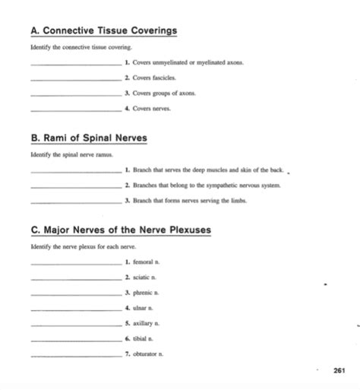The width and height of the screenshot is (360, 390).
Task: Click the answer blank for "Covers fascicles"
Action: click(75, 80)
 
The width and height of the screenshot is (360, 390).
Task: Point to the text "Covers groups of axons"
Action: click(157, 94)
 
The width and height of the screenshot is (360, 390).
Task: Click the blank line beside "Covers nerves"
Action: click(75, 109)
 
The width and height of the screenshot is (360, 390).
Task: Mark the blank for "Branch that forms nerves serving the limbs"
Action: click(75, 201)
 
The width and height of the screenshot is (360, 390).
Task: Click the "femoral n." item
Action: click(145, 262)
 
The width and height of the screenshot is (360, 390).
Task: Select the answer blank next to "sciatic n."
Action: click(75, 277)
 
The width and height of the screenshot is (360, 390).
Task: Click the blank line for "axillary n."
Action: click(75, 325)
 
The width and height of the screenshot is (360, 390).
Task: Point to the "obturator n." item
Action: click(147, 354)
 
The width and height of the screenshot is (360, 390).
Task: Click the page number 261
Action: click(339, 371)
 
